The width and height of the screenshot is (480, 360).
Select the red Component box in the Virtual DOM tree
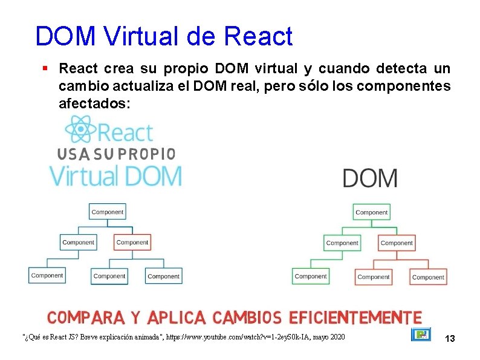(x=132, y=242)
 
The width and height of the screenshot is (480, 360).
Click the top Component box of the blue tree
(x=108, y=212)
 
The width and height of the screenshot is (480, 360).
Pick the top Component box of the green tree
(x=371, y=212)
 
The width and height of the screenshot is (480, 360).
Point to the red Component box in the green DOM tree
(x=397, y=243)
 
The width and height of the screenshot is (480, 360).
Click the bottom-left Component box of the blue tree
(x=47, y=275)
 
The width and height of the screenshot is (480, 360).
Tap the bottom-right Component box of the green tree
(x=428, y=277)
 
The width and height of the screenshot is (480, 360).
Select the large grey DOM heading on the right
(x=370, y=178)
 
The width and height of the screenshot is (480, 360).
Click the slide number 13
(x=449, y=339)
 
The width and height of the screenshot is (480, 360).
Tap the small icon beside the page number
(x=421, y=335)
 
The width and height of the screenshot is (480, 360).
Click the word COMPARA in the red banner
(x=86, y=317)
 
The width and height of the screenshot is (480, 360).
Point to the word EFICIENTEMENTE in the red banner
(x=355, y=317)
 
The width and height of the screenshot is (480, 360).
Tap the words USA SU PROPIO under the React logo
(x=117, y=154)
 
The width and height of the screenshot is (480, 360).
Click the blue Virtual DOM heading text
(x=115, y=177)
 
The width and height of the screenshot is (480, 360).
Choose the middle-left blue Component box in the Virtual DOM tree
(x=79, y=242)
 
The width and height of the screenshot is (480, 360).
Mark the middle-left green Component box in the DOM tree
(x=342, y=243)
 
